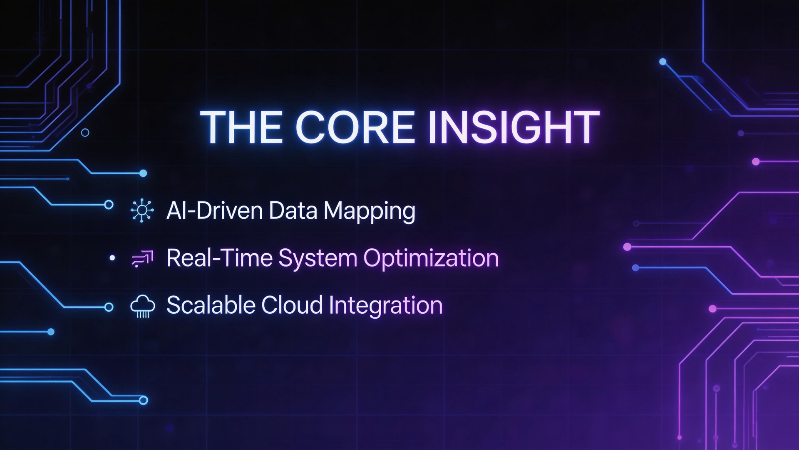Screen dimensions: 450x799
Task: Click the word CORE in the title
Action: coord(355,127)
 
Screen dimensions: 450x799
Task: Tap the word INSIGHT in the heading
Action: coord(514,127)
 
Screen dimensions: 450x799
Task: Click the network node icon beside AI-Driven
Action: coord(142,210)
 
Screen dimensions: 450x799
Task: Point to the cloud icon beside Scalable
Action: coord(143,306)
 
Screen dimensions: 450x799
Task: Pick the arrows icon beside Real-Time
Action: coord(143,258)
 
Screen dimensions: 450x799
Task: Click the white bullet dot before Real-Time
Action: coord(112,258)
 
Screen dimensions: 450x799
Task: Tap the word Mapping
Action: coord(369,211)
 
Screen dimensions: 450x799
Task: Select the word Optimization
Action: coord(431,258)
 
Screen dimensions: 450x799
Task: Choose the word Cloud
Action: coord(292,305)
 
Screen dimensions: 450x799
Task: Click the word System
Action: coord(318,258)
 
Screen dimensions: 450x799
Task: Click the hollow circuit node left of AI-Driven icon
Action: coord(109,205)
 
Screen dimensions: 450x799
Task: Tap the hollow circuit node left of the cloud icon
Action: coord(109,307)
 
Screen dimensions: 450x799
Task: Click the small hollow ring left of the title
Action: coord(85,133)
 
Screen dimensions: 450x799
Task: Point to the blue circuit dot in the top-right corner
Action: coord(663,62)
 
